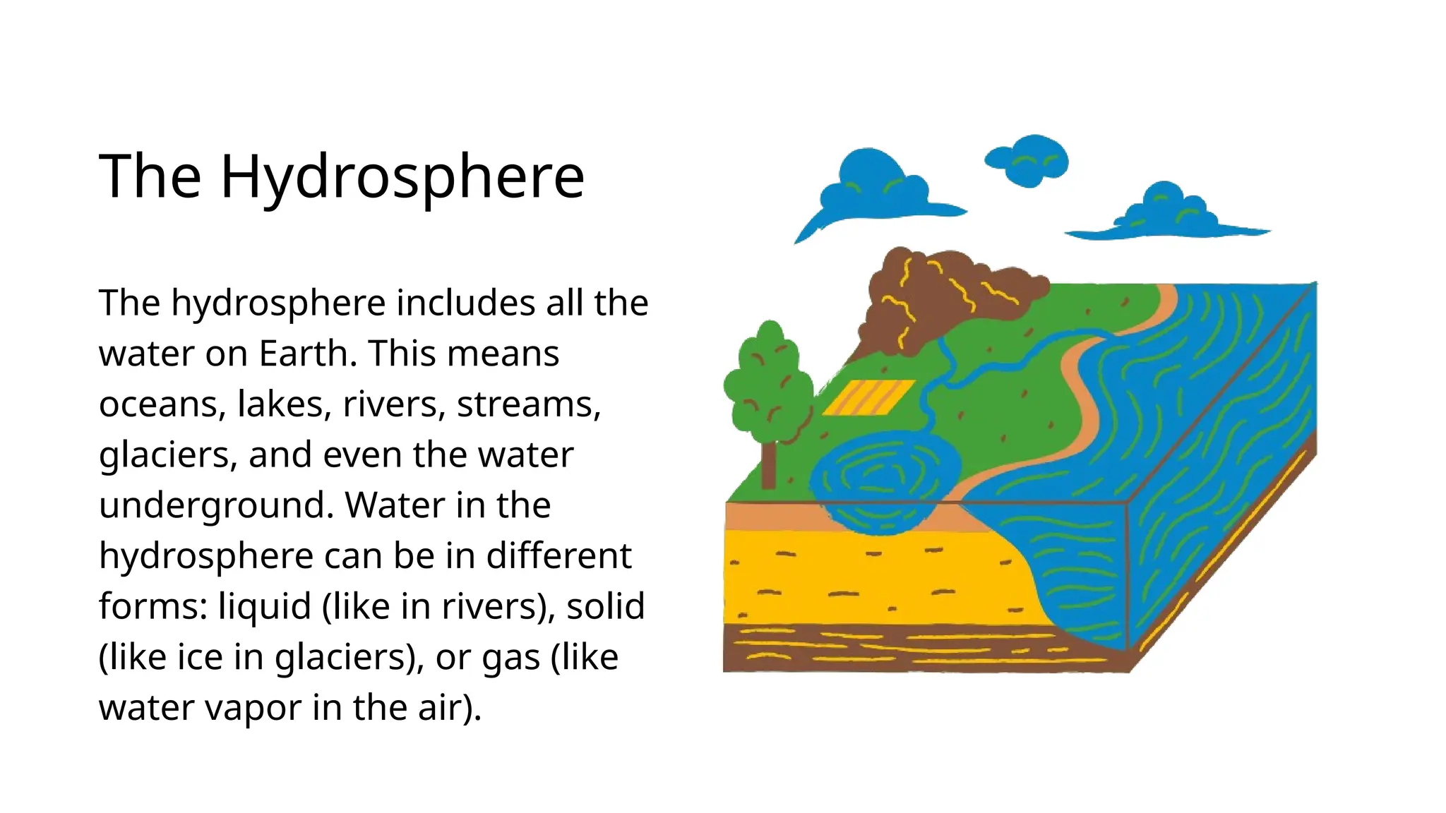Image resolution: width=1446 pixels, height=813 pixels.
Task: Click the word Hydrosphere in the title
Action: pyautogui.click(x=402, y=176)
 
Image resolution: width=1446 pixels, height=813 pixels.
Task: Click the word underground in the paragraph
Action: pyautogui.click(x=216, y=505)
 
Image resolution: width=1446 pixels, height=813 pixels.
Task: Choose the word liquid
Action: pyautogui.click(x=264, y=606)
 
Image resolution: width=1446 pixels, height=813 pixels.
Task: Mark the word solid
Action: pyautogui.click(x=605, y=606)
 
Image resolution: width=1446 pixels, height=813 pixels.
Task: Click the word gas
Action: pyautogui.click(x=512, y=657)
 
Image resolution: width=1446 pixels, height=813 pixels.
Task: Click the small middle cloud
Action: pyautogui.click(x=1028, y=161)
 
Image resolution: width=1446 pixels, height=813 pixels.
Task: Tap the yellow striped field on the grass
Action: pyautogui.click(x=868, y=397)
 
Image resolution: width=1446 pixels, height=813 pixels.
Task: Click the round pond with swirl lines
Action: pyautogui.click(x=876, y=480)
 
